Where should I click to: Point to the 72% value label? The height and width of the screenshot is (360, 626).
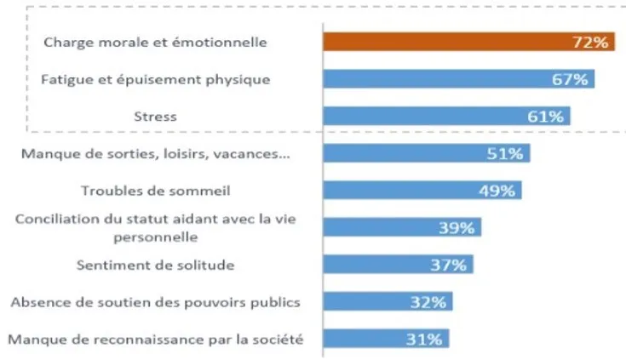point(589,42)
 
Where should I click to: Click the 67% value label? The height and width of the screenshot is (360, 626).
point(570,79)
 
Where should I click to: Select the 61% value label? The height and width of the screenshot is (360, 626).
point(546,117)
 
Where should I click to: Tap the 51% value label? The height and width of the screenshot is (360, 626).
point(505,154)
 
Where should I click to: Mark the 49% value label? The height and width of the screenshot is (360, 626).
point(497,191)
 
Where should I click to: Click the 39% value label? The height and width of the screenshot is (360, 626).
point(457,228)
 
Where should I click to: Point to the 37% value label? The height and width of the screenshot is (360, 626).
point(448,266)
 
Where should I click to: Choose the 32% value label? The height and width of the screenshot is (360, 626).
point(428,302)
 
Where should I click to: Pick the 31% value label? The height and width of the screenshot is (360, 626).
point(424,340)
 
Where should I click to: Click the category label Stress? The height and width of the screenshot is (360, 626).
point(155,116)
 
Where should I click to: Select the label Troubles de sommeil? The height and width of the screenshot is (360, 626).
point(155,191)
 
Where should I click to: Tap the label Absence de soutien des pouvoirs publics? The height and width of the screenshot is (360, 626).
point(155,302)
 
